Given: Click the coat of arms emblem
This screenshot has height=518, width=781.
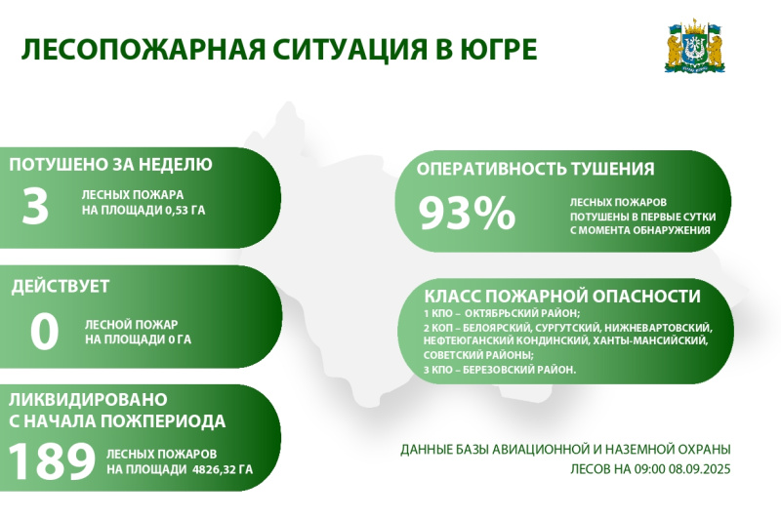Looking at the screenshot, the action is click(695, 48).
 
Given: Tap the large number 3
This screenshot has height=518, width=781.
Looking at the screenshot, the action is click(35, 206).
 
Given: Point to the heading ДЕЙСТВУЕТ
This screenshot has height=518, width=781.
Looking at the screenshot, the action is click(61, 286).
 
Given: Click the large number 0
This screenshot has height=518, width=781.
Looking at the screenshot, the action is click(44, 332).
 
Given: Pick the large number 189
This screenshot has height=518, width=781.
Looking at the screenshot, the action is click(52, 461).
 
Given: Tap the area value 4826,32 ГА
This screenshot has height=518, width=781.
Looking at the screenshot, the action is click(223, 469).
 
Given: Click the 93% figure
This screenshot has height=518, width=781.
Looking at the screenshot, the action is click(467, 213).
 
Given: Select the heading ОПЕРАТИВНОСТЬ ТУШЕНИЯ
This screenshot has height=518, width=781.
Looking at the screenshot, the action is click(535, 169).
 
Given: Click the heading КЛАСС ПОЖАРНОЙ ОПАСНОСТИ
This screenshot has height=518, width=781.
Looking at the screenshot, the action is click(562, 297).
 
